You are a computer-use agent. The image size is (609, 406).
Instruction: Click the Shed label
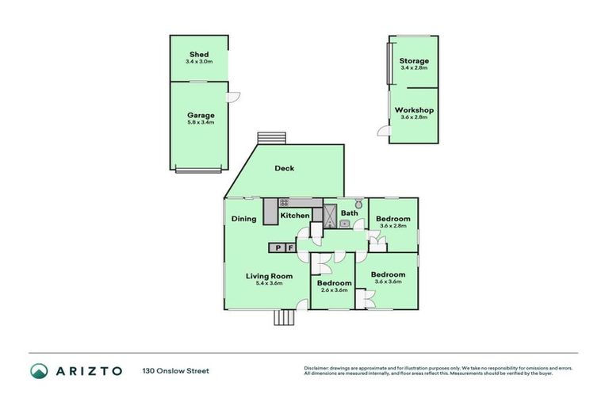198,55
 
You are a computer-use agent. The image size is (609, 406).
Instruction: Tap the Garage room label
201,115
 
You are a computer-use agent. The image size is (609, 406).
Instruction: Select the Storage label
414,61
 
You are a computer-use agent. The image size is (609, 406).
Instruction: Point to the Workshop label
414,110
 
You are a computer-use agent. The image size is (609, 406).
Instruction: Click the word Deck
285,168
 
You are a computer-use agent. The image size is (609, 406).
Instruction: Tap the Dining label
243,219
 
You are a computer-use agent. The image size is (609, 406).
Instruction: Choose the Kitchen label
295,216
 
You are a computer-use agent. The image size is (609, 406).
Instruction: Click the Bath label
350,213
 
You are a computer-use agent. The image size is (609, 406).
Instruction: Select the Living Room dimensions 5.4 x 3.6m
269,283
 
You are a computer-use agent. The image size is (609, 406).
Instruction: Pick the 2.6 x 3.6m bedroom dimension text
334,290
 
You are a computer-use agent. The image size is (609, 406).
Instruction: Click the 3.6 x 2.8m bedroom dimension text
393,226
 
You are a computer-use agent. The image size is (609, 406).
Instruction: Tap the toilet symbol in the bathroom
358,202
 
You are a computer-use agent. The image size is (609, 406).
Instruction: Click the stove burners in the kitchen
283,203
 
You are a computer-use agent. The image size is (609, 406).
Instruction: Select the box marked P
278,248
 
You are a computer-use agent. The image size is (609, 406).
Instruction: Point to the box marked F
290,248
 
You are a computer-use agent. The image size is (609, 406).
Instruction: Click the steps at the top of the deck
270,137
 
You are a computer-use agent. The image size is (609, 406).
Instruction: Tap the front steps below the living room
284,317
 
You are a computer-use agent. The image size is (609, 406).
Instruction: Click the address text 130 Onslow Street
175,370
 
